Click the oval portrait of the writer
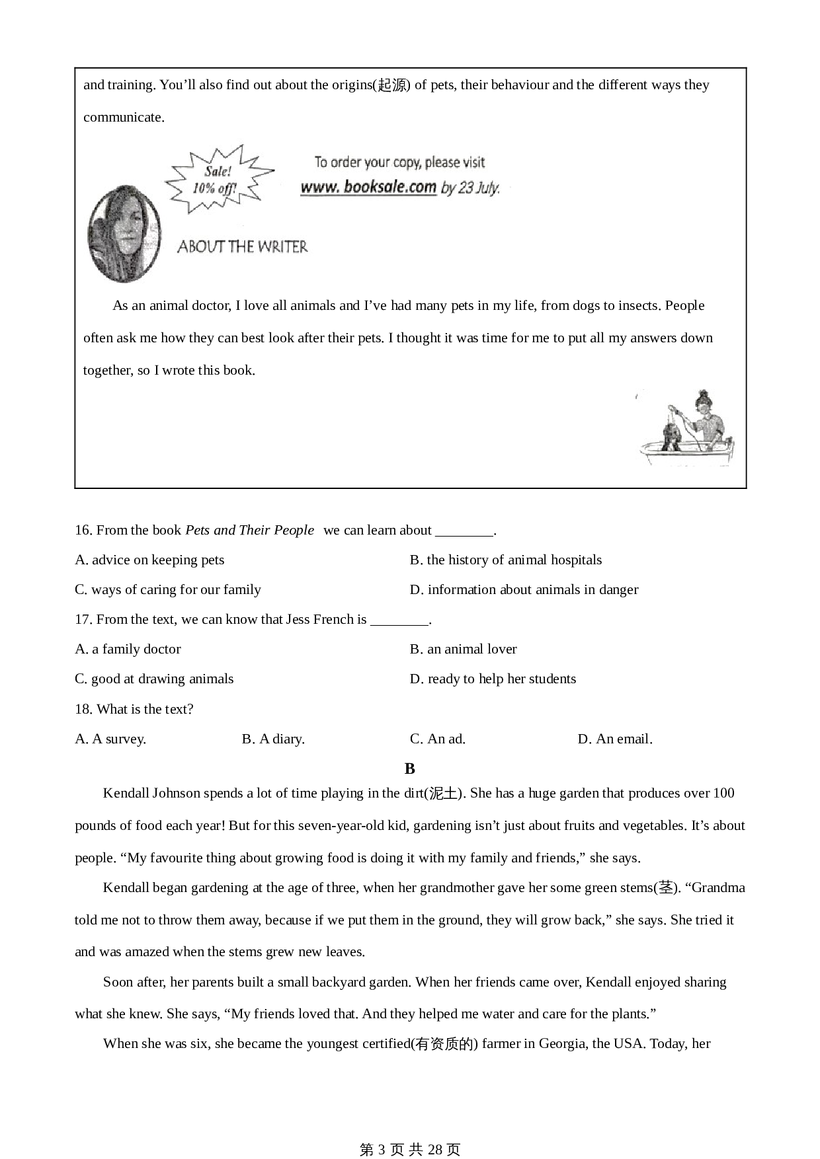[x=125, y=233]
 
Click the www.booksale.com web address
[x=368, y=187]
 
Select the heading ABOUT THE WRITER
[x=242, y=247]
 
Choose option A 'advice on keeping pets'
[x=150, y=560]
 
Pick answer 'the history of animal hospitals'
[x=506, y=560]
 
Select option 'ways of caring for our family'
[x=168, y=589]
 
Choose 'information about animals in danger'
[x=524, y=589]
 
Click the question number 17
[x=83, y=619]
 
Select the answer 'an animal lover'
[x=464, y=649]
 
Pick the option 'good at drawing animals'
[x=155, y=679]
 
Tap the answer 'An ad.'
[x=438, y=739]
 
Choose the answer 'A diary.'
[x=274, y=739]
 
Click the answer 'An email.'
[x=615, y=739]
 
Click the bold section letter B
[x=410, y=768]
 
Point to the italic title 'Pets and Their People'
[x=249, y=530]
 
